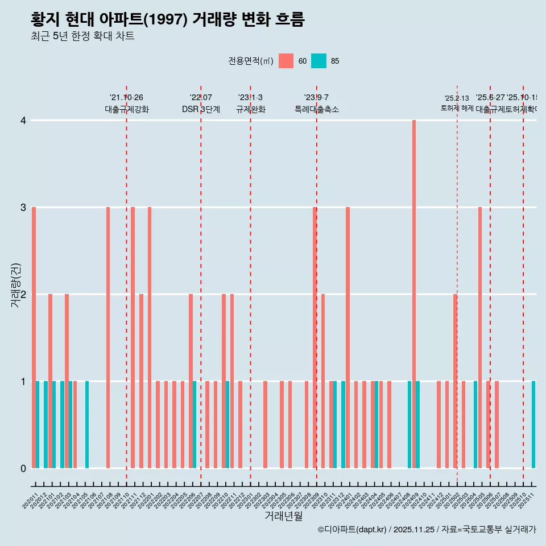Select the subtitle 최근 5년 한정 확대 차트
click(x=82, y=37)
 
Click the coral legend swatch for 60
click(x=286, y=61)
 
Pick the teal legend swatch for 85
click(x=319, y=61)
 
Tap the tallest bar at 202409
click(x=414, y=294)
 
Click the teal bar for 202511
click(x=533, y=424)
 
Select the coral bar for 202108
click(x=108, y=337)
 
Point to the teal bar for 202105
click(x=87, y=424)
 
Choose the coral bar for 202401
click(x=348, y=337)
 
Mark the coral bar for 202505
click(x=480, y=337)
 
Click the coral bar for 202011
click(x=34, y=337)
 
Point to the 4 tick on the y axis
click(x=23, y=121)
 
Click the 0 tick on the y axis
click(x=23, y=468)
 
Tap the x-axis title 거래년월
click(x=283, y=516)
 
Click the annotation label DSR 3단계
click(x=201, y=109)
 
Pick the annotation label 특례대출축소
click(x=316, y=109)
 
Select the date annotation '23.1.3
click(x=250, y=98)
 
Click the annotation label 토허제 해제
click(x=457, y=107)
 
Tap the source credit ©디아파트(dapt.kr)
click(x=353, y=530)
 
